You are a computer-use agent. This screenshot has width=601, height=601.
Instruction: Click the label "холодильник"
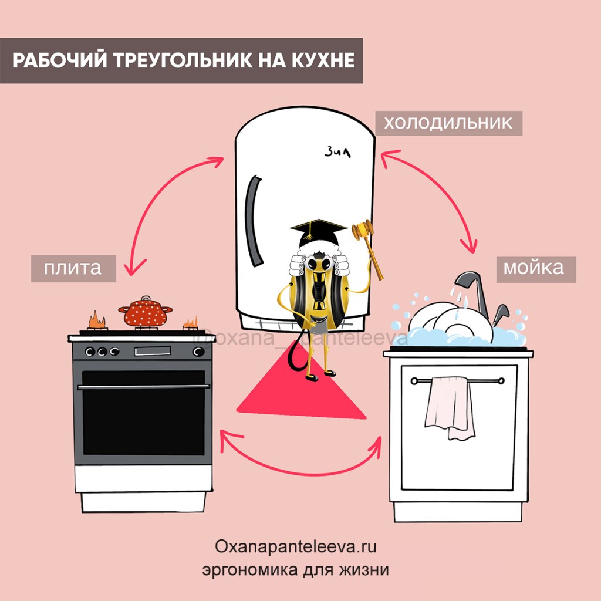[448, 123]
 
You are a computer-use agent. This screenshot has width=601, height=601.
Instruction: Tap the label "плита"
[73, 268]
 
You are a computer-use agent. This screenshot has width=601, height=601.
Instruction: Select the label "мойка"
[533, 268]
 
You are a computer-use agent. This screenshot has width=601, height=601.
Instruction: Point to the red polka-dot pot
[145, 311]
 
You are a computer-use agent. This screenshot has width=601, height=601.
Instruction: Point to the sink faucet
[474, 288]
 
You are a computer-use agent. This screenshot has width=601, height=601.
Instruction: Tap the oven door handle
[143, 387]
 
